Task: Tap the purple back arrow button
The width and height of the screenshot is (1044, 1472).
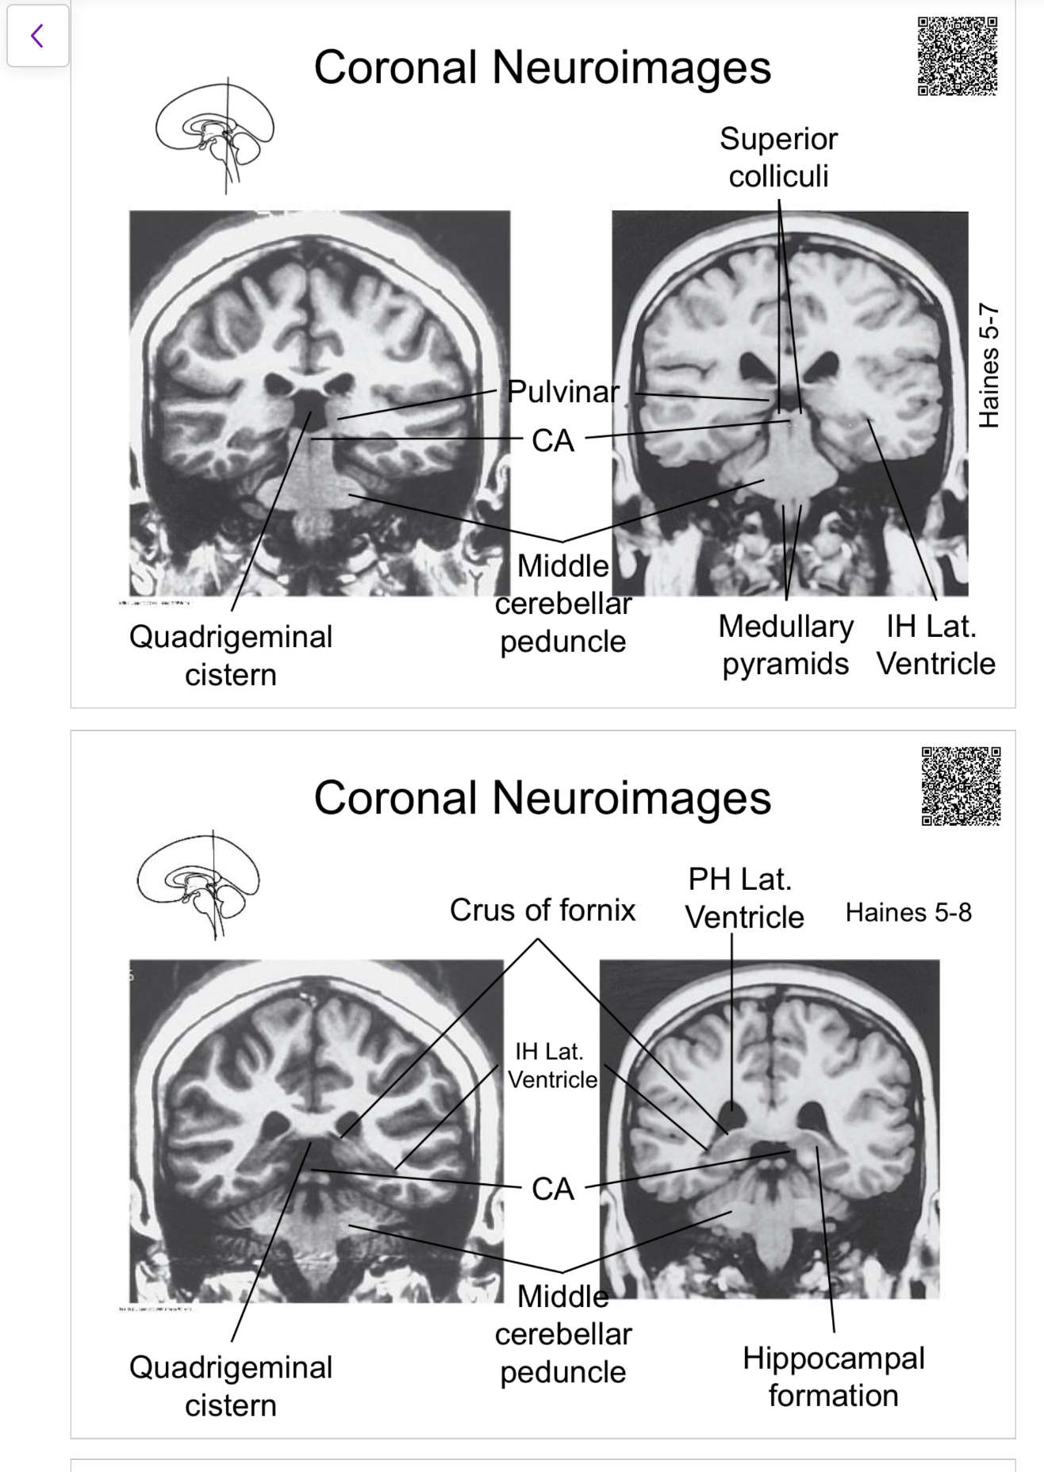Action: (x=37, y=36)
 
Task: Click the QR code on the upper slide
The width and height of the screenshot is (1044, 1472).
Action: (x=957, y=56)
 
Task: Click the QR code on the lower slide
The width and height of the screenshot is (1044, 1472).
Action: (x=961, y=786)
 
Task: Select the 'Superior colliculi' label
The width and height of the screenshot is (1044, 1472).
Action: (x=778, y=157)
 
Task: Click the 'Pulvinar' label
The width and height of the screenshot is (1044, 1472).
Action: (x=562, y=391)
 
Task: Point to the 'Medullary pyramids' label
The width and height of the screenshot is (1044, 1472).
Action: (x=785, y=645)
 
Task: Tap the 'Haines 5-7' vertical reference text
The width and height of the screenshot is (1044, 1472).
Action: (x=988, y=365)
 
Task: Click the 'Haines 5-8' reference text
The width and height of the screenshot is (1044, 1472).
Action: (x=908, y=912)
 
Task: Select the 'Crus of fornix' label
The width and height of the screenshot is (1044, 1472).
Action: (x=543, y=910)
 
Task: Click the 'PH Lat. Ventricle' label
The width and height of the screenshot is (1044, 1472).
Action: (x=743, y=898)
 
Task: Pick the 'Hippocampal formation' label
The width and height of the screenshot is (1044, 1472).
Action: (x=833, y=1377)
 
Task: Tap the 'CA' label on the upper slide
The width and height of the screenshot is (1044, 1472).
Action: (x=553, y=441)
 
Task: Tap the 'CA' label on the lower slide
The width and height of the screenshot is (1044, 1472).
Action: (x=553, y=1189)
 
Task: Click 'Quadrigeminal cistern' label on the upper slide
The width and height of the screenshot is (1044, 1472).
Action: (x=231, y=656)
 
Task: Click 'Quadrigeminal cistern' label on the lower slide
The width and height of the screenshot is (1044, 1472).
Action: (x=231, y=1386)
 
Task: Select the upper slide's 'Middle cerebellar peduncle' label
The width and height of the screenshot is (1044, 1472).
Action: (x=562, y=604)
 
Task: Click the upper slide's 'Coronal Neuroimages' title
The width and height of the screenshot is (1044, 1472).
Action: (x=543, y=67)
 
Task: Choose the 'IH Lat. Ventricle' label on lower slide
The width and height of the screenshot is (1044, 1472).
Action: (x=552, y=1065)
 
